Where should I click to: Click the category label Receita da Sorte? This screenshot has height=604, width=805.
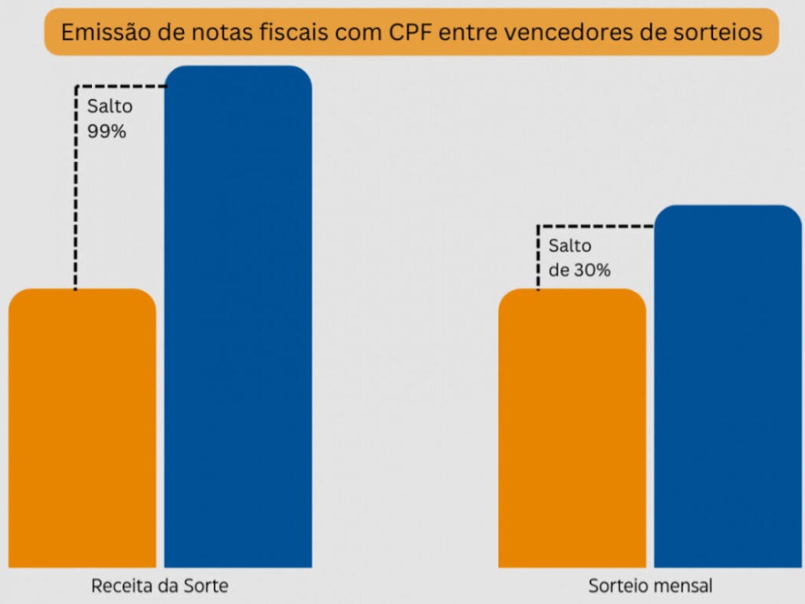(x=160, y=587)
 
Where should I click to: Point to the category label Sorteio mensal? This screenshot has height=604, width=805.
(x=650, y=587)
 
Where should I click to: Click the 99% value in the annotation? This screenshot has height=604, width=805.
(x=107, y=131)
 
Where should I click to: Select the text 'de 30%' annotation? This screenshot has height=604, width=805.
(x=580, y=271)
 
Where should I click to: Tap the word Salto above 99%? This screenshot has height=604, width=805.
(x=110, y=107)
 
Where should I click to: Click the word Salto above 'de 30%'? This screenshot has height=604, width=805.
(x=570, y=246)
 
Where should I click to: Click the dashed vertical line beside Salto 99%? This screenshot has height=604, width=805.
(x=75, y=189)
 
